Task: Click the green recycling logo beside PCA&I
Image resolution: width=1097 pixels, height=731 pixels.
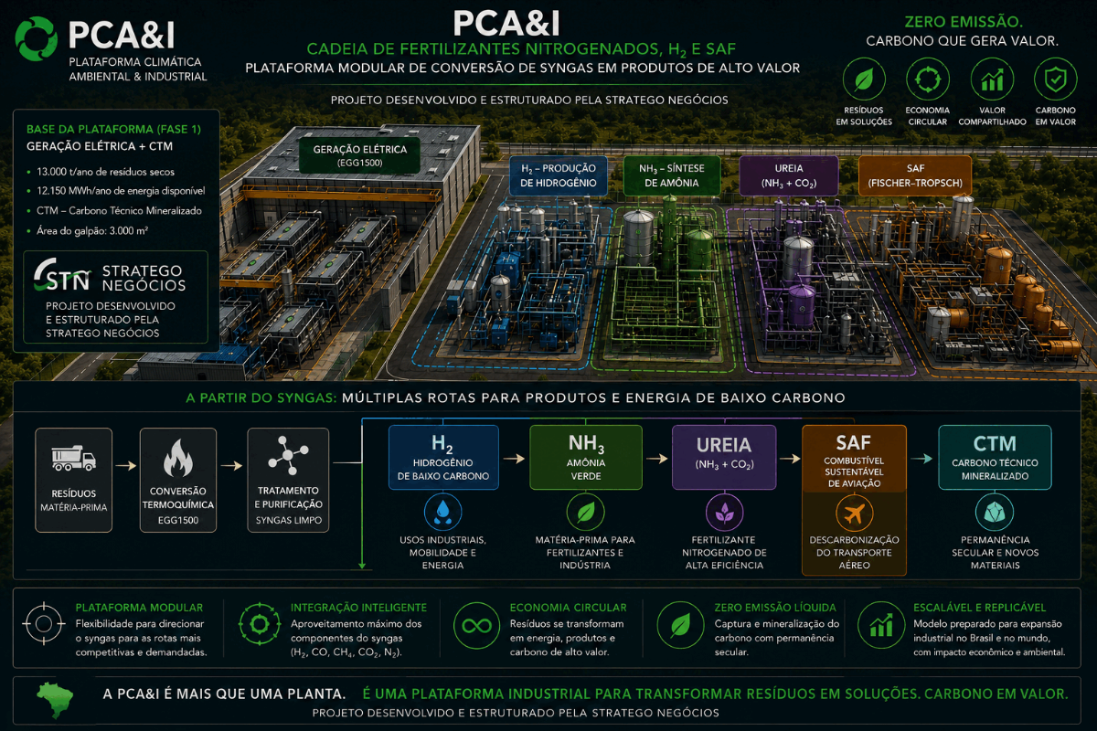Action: pos(36,38)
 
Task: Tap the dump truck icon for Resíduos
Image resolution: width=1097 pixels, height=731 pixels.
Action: pos(73,459)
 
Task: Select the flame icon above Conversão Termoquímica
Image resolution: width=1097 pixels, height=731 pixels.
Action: pos(177,458)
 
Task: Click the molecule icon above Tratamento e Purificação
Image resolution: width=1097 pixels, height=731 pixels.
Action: pos(288,455)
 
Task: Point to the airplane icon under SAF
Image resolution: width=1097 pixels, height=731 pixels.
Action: pos(854,514)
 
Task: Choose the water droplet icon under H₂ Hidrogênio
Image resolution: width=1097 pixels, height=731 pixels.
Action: pos(442,512)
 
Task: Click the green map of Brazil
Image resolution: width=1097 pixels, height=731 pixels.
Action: pos(56,700)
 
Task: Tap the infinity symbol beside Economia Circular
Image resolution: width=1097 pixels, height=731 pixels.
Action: pos(476,625)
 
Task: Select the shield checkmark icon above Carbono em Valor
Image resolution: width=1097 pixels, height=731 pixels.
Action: pos(1055,79)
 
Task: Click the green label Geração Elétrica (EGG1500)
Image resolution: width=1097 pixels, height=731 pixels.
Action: pos(359,155)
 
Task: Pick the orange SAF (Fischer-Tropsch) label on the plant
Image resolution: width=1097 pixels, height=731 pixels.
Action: pos(915,175)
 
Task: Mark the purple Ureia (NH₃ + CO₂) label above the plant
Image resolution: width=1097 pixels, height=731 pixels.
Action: pos(788,175)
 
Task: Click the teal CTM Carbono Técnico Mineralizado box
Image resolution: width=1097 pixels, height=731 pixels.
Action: pos(995,457)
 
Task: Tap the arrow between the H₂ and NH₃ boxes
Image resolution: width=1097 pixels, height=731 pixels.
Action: pos(514,459)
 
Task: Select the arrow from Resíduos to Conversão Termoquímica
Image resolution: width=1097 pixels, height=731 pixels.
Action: pos(126,465)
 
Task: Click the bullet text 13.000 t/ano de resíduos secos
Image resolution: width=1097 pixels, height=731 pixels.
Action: pos(105,172)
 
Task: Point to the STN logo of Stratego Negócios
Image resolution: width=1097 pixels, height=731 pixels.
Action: pos(62,275)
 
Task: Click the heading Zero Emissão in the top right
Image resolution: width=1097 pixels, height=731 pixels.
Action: pos(963,22)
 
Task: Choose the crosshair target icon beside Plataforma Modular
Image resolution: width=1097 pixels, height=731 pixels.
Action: pos(44,624)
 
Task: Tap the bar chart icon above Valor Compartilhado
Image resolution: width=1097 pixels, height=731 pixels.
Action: pos(992,79)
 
